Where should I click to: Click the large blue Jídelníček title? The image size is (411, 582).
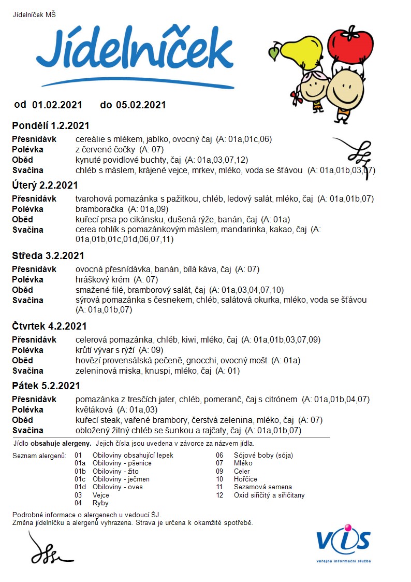pyautogui.click(x=135, y=52)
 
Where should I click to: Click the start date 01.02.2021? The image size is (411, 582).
pyautogui.click(x=57, y=105)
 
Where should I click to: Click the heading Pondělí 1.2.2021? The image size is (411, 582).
pyautogui.click(x=51, y=126)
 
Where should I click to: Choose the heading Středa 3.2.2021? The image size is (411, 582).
pyautogui.click(x=48, y=256)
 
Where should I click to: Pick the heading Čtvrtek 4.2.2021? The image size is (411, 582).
pyautogui.click(x=49, y=327)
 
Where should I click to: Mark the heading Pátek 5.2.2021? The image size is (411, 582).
pyautogui.click(x=46, y=386)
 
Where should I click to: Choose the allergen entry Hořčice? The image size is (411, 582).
pyautogui.click(x=245, y=479)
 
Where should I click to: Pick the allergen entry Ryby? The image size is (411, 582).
pyautogui.click(x=100, y=503)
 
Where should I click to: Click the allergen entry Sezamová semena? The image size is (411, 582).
pyautogui.click(x=263, y=487)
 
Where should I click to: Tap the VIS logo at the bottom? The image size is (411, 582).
pyautogui.click(x=344, y=542)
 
